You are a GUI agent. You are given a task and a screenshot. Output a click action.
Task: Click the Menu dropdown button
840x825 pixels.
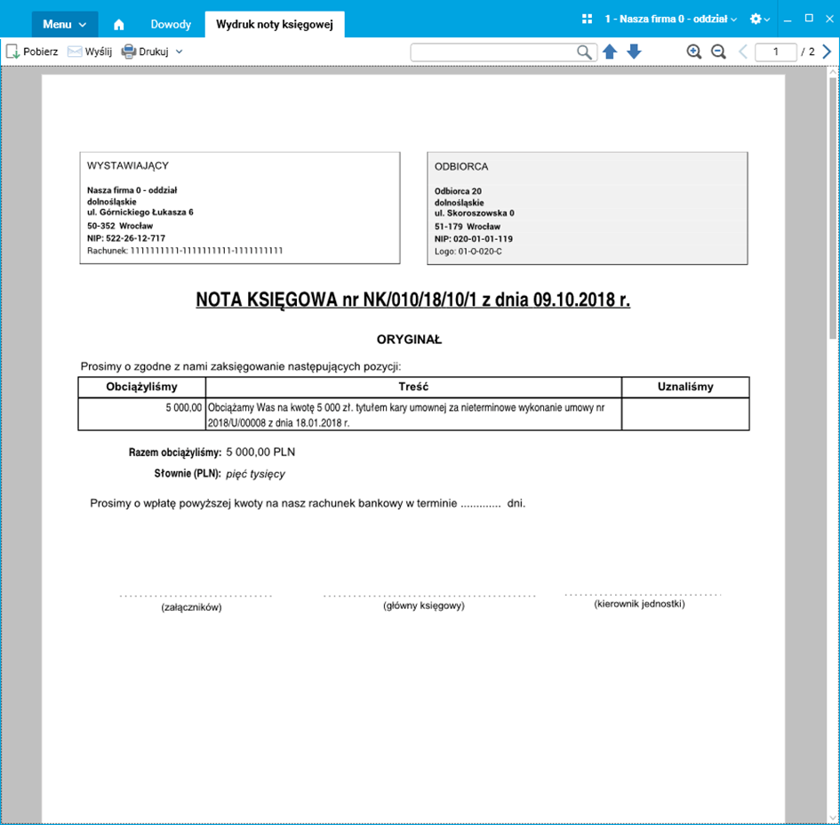click(x=64, y=24)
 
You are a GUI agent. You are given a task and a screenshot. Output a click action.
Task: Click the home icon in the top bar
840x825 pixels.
click(x=119, y=24)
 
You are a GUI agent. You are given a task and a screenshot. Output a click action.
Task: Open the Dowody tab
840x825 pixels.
click(x=170, y=24)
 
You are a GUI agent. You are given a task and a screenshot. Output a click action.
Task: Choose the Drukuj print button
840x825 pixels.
click(x=146, y=52)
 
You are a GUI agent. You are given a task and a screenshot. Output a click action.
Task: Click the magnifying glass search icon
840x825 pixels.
click(x=584, y=52)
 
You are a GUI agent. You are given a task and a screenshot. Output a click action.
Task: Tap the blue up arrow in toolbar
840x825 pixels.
click(x=610, y=52)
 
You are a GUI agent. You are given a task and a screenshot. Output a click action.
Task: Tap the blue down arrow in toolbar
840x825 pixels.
click(x=634, y=52)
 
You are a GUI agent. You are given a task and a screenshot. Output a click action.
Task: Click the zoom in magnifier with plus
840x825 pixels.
click(x=694, y=52)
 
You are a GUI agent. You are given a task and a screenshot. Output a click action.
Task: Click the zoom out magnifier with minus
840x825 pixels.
click(x=718, y=52)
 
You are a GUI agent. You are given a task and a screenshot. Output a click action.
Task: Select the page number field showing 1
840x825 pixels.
click(x=775, y=52)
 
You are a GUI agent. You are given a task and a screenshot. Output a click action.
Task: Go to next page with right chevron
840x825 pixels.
click(x=827, y=52)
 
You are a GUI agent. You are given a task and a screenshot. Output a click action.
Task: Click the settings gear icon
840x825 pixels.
click(x=756, y=19)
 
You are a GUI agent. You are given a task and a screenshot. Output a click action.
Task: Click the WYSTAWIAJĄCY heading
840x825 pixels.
click(x=128, y=165)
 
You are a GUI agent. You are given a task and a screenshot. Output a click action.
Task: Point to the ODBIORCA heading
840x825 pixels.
click(x=461, y=166)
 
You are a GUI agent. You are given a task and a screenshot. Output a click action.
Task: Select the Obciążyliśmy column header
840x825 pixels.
click(x=142, y=387)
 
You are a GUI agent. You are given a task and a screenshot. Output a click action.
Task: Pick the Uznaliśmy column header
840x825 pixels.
click(x=685, y=387)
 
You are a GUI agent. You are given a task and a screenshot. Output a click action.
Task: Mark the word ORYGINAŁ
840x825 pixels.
click(x=409, y=340)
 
